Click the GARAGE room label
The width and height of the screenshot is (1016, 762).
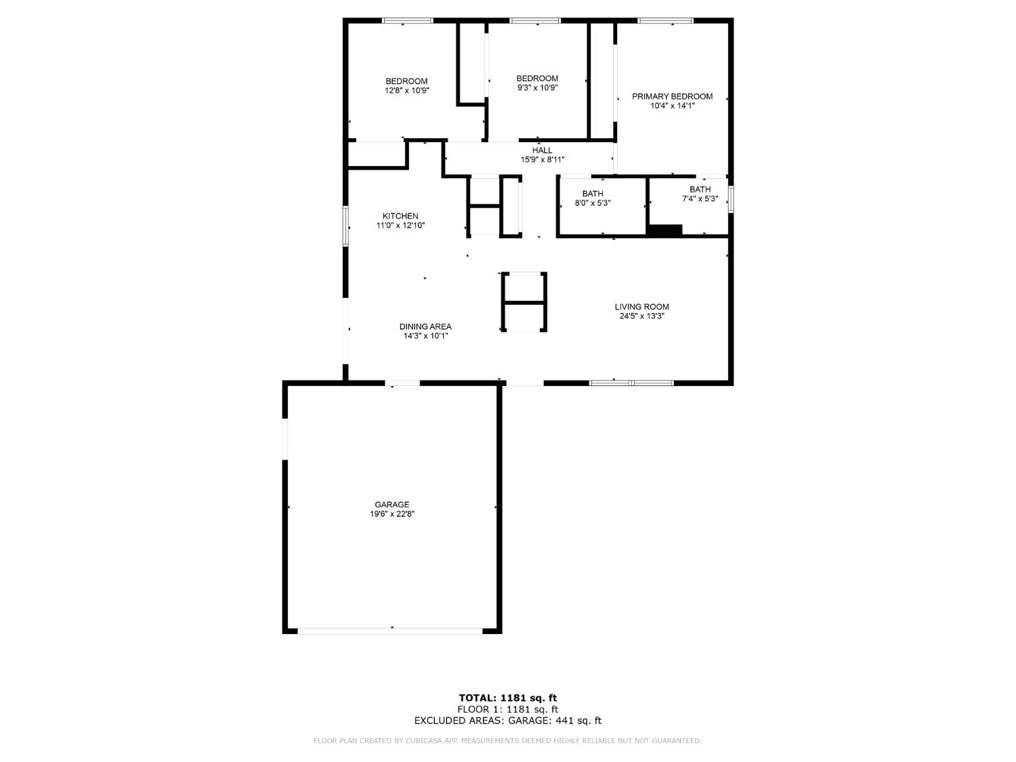(x=392, y=505)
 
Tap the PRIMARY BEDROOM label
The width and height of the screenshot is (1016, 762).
(x=672, y=97)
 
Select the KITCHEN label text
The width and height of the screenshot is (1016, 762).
(x=400, y=216)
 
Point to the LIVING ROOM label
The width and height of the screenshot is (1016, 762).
(x=641, y=307)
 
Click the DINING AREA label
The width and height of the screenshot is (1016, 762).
(x=425, y=326)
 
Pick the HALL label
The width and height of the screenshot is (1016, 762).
(x=542, y=150)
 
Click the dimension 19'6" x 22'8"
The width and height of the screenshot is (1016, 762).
(x=392, y=514)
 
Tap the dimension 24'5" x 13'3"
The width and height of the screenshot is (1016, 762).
(x=641, y=316)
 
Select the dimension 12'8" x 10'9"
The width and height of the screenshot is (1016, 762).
(x=406, y=90)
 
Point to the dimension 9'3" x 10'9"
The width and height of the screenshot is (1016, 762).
(x=537, y=87)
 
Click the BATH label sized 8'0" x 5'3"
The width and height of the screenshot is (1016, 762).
(x=593, y=194)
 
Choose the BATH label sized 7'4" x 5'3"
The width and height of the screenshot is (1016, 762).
(x=700, y=190)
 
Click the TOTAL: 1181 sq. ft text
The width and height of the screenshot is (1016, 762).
(x=508, y=698)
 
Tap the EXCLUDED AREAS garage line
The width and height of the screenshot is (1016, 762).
(x=508, y=721)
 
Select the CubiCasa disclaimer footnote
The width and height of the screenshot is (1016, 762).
(x=508, y=741)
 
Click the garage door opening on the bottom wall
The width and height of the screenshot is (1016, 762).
(x=391, y=631)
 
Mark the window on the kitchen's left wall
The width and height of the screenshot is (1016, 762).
(x=345, y=226)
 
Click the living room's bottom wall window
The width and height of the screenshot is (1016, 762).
(x=631, y=383)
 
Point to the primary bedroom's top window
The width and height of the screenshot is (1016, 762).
(x=665, y=21)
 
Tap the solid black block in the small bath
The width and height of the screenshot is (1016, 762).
(x=664, y=230)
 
